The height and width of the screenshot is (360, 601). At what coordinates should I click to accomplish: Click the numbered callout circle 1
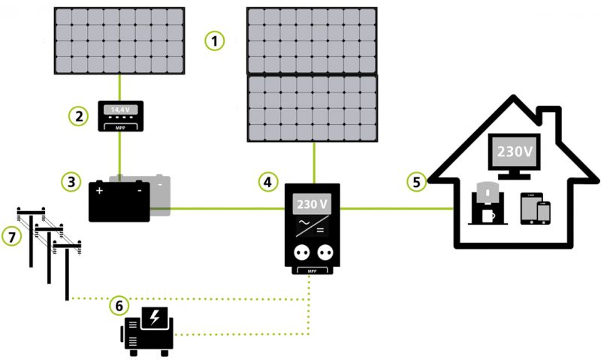(x=216, y=41)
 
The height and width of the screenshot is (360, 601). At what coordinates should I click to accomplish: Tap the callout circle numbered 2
(x=78, y=116)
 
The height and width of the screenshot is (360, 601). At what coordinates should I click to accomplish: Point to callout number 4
(x=267, y=181)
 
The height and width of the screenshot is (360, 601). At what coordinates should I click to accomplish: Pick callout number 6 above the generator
(x=119, y=305)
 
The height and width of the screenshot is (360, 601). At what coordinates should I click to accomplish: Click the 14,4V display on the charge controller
(x=119, y=110)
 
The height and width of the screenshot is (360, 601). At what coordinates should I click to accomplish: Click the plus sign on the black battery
(x=99, y=192)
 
